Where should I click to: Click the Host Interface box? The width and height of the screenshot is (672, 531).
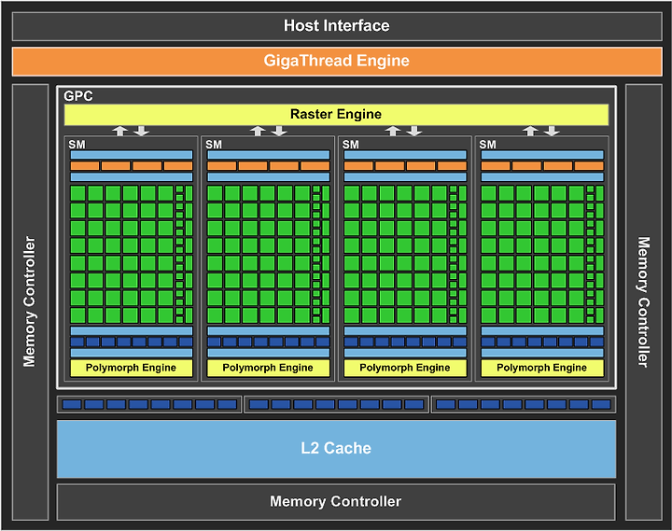click(337, 26)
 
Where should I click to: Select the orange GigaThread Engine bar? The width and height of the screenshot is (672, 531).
click(337, 62)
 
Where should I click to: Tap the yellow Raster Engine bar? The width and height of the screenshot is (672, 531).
click(336, 115)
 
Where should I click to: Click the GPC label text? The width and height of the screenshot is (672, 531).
click(78, 96)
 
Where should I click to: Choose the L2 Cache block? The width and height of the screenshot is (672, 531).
click(336, 449)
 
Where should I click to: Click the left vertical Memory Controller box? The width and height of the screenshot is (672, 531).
click(30, 302)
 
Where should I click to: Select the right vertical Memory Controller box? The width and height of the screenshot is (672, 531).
click(644, 302)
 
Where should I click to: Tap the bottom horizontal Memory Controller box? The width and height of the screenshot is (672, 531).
click(336, 502)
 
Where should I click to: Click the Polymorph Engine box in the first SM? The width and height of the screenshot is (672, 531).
click(132, 368)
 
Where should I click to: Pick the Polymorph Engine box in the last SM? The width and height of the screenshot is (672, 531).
click(542, 368)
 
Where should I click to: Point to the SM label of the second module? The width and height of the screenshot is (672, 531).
click(214, 145)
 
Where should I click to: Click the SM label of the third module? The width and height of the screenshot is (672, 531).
click(351, 145)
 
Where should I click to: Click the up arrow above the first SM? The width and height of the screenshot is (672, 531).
click(120, 131)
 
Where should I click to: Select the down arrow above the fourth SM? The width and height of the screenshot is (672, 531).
click(552, 131)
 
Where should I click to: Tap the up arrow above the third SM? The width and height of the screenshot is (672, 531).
click(393, 131)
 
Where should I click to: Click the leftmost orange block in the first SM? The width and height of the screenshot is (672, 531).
click(84, 166)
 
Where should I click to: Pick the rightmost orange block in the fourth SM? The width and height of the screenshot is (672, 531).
click(589, 166)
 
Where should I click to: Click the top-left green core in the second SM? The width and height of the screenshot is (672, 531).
click(215, 193)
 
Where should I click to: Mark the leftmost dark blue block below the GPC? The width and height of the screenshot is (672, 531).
click(72, 405)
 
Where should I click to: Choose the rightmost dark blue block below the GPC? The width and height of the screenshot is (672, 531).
click(601, 405)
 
